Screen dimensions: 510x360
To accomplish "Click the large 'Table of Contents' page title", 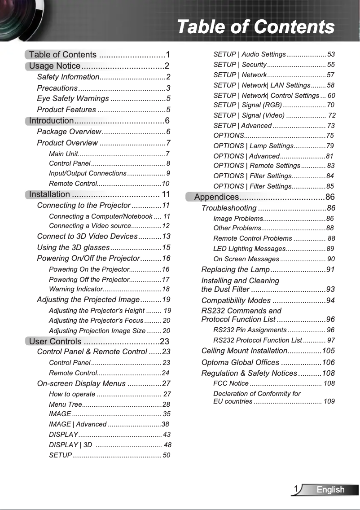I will point(255,27).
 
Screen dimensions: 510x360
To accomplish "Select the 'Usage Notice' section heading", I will point(55,66).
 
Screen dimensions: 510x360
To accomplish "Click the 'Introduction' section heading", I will point(51,120).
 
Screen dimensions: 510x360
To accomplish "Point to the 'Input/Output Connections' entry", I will point(88,173).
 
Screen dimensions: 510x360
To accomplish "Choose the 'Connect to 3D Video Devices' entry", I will point(87,237).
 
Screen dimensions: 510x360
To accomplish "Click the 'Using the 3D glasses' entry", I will point(73,247).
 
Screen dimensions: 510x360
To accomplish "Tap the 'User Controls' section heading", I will point(55,342).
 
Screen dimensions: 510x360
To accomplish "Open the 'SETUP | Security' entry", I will point(240,65).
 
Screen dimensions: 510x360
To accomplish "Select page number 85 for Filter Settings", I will point(330,186).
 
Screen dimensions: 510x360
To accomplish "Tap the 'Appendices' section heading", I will point(216,197).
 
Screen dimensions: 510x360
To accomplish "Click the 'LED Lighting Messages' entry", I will point(249,249).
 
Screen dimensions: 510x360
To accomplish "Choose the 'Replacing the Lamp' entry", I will point(235,269).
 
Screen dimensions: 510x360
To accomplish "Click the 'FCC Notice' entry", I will point(231,383).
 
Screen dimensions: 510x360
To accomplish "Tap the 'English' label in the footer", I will point(330,490).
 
